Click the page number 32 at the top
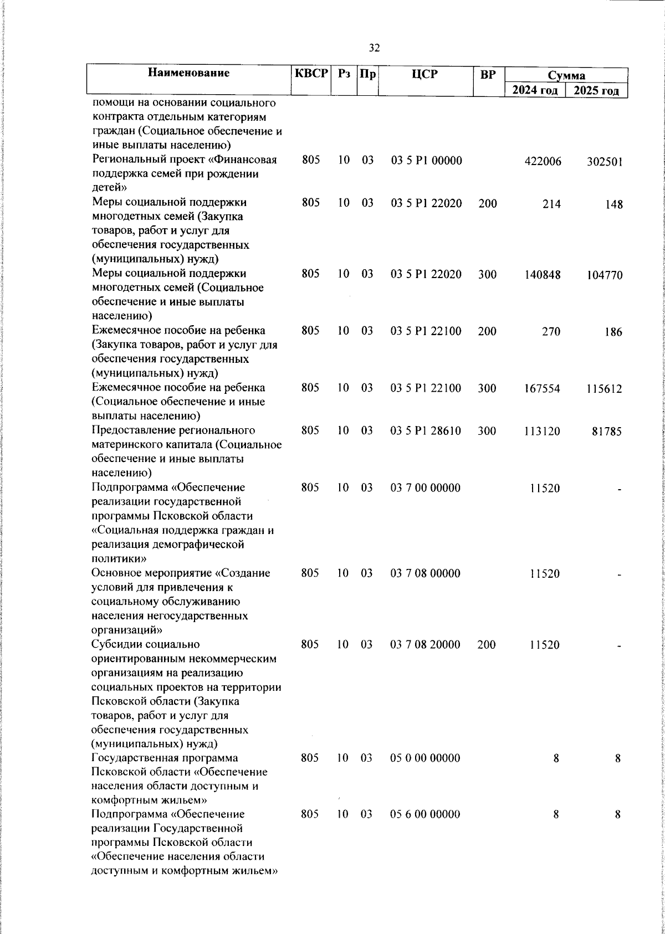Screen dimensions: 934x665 click(x=374, y=48)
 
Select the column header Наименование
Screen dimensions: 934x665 click(x=189, y=73)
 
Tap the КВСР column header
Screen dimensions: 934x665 click(x=311, y=73)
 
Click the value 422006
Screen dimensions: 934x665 click(x=543, y=161)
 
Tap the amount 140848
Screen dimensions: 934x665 click(x=543, y=275)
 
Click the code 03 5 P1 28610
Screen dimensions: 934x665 click(x=426, y=430)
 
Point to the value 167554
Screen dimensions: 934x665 click(x=542, y=388)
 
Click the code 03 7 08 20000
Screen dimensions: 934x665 click(x=425, y=644)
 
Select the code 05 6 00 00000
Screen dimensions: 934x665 click(x=425, y=814)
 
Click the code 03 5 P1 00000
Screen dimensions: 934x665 click(x=426, y=161)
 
